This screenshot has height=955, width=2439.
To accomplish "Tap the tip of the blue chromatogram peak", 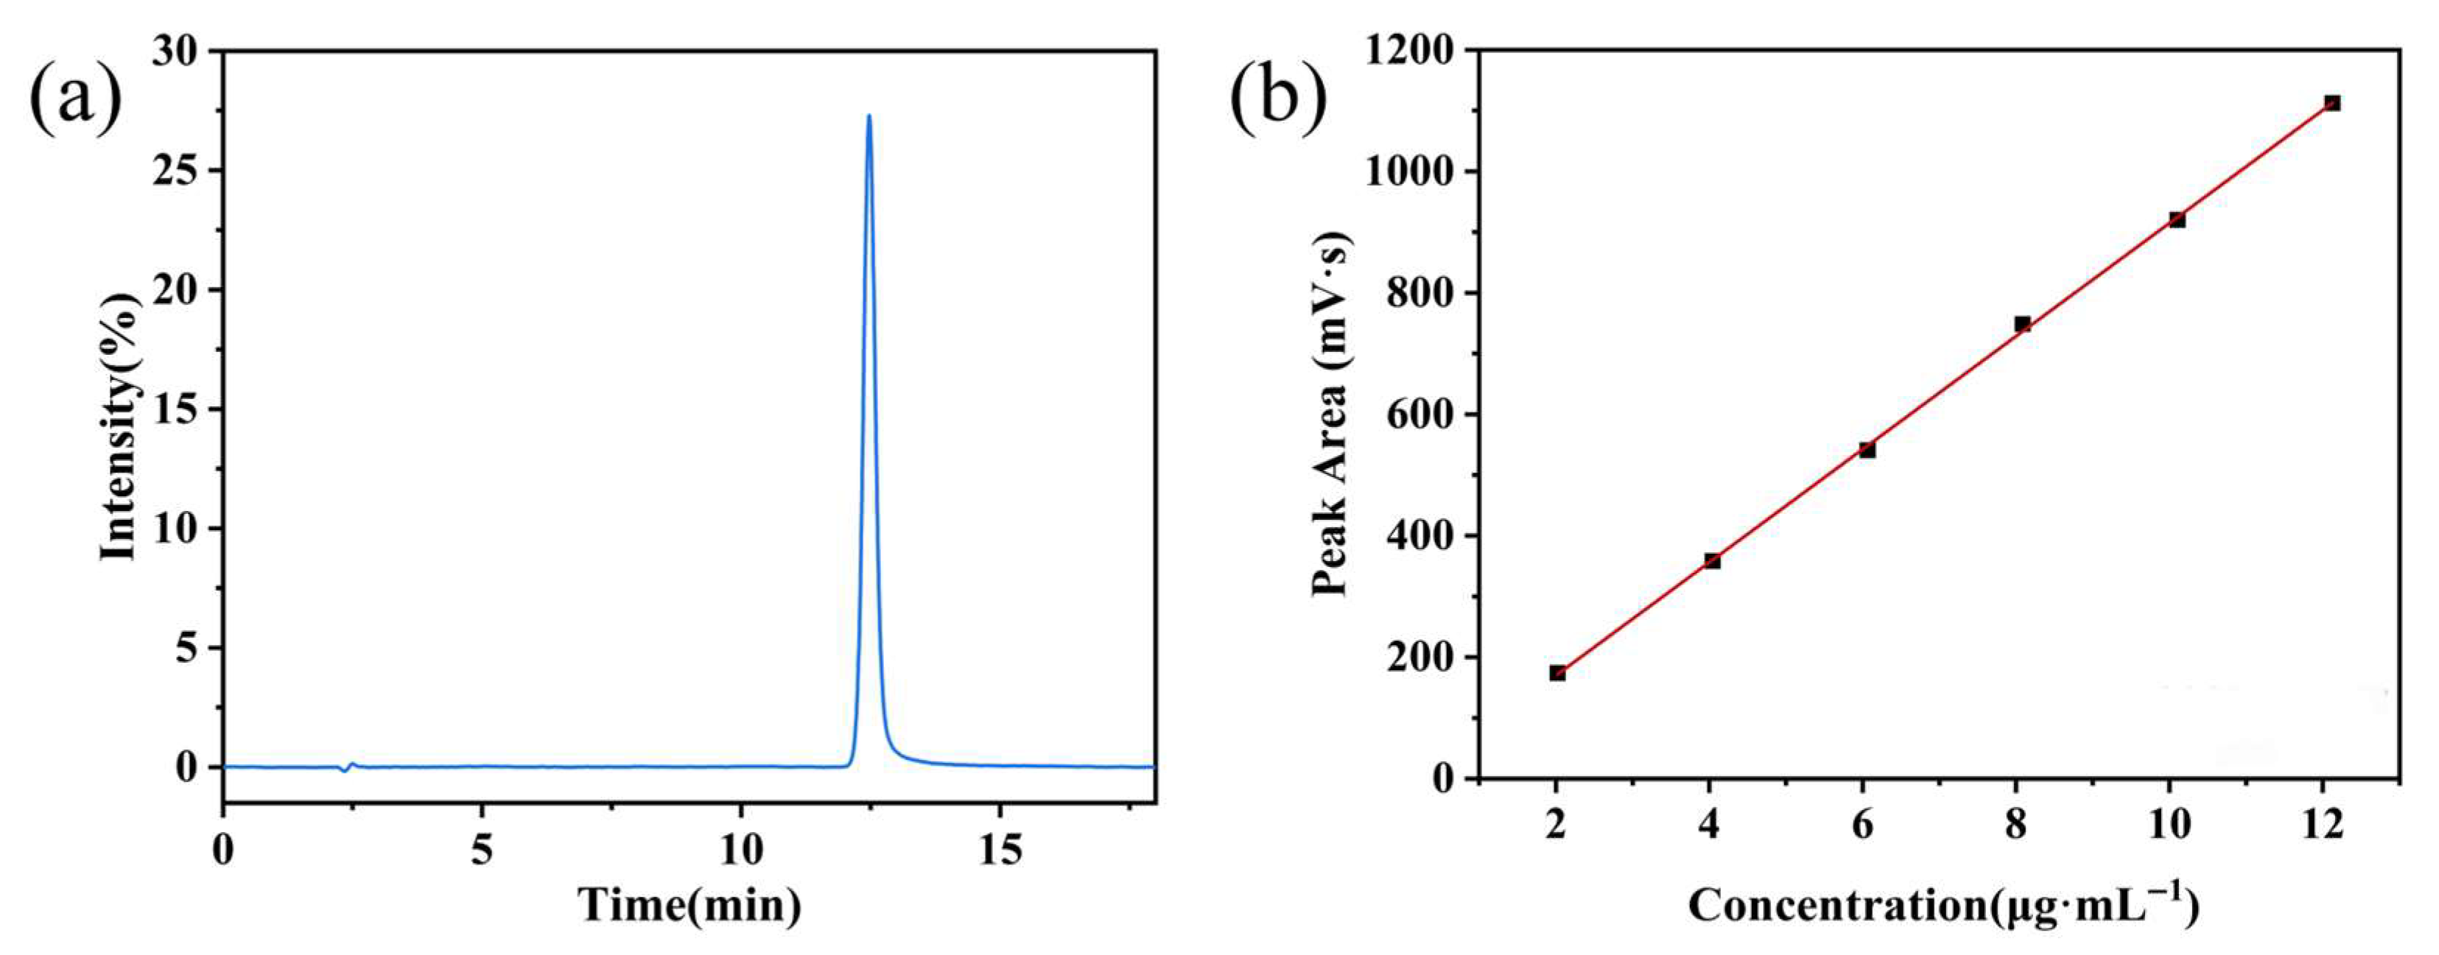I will pyautogui.click(x=868, y=117).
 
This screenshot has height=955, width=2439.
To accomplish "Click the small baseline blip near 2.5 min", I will pyautogui.click(x=348, y=767).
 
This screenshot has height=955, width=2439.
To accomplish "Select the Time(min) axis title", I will pyautogui.click(x=690, y=906).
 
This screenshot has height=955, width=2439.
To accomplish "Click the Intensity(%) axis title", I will pyautogui.click(x=120, y=426).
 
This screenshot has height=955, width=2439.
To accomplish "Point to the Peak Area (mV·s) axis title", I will pyautogui.click(x=1331, y=415).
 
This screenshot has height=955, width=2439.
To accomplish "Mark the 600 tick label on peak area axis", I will pyautogui.click(x=1422, y=415).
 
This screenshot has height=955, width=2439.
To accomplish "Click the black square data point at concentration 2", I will pyautogui.click(x=1557, y=673).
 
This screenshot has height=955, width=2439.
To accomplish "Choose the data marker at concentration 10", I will pyautogui.click(x=2177, y=219).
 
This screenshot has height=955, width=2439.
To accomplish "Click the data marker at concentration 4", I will pyautogui.click(x=1712, y=561).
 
